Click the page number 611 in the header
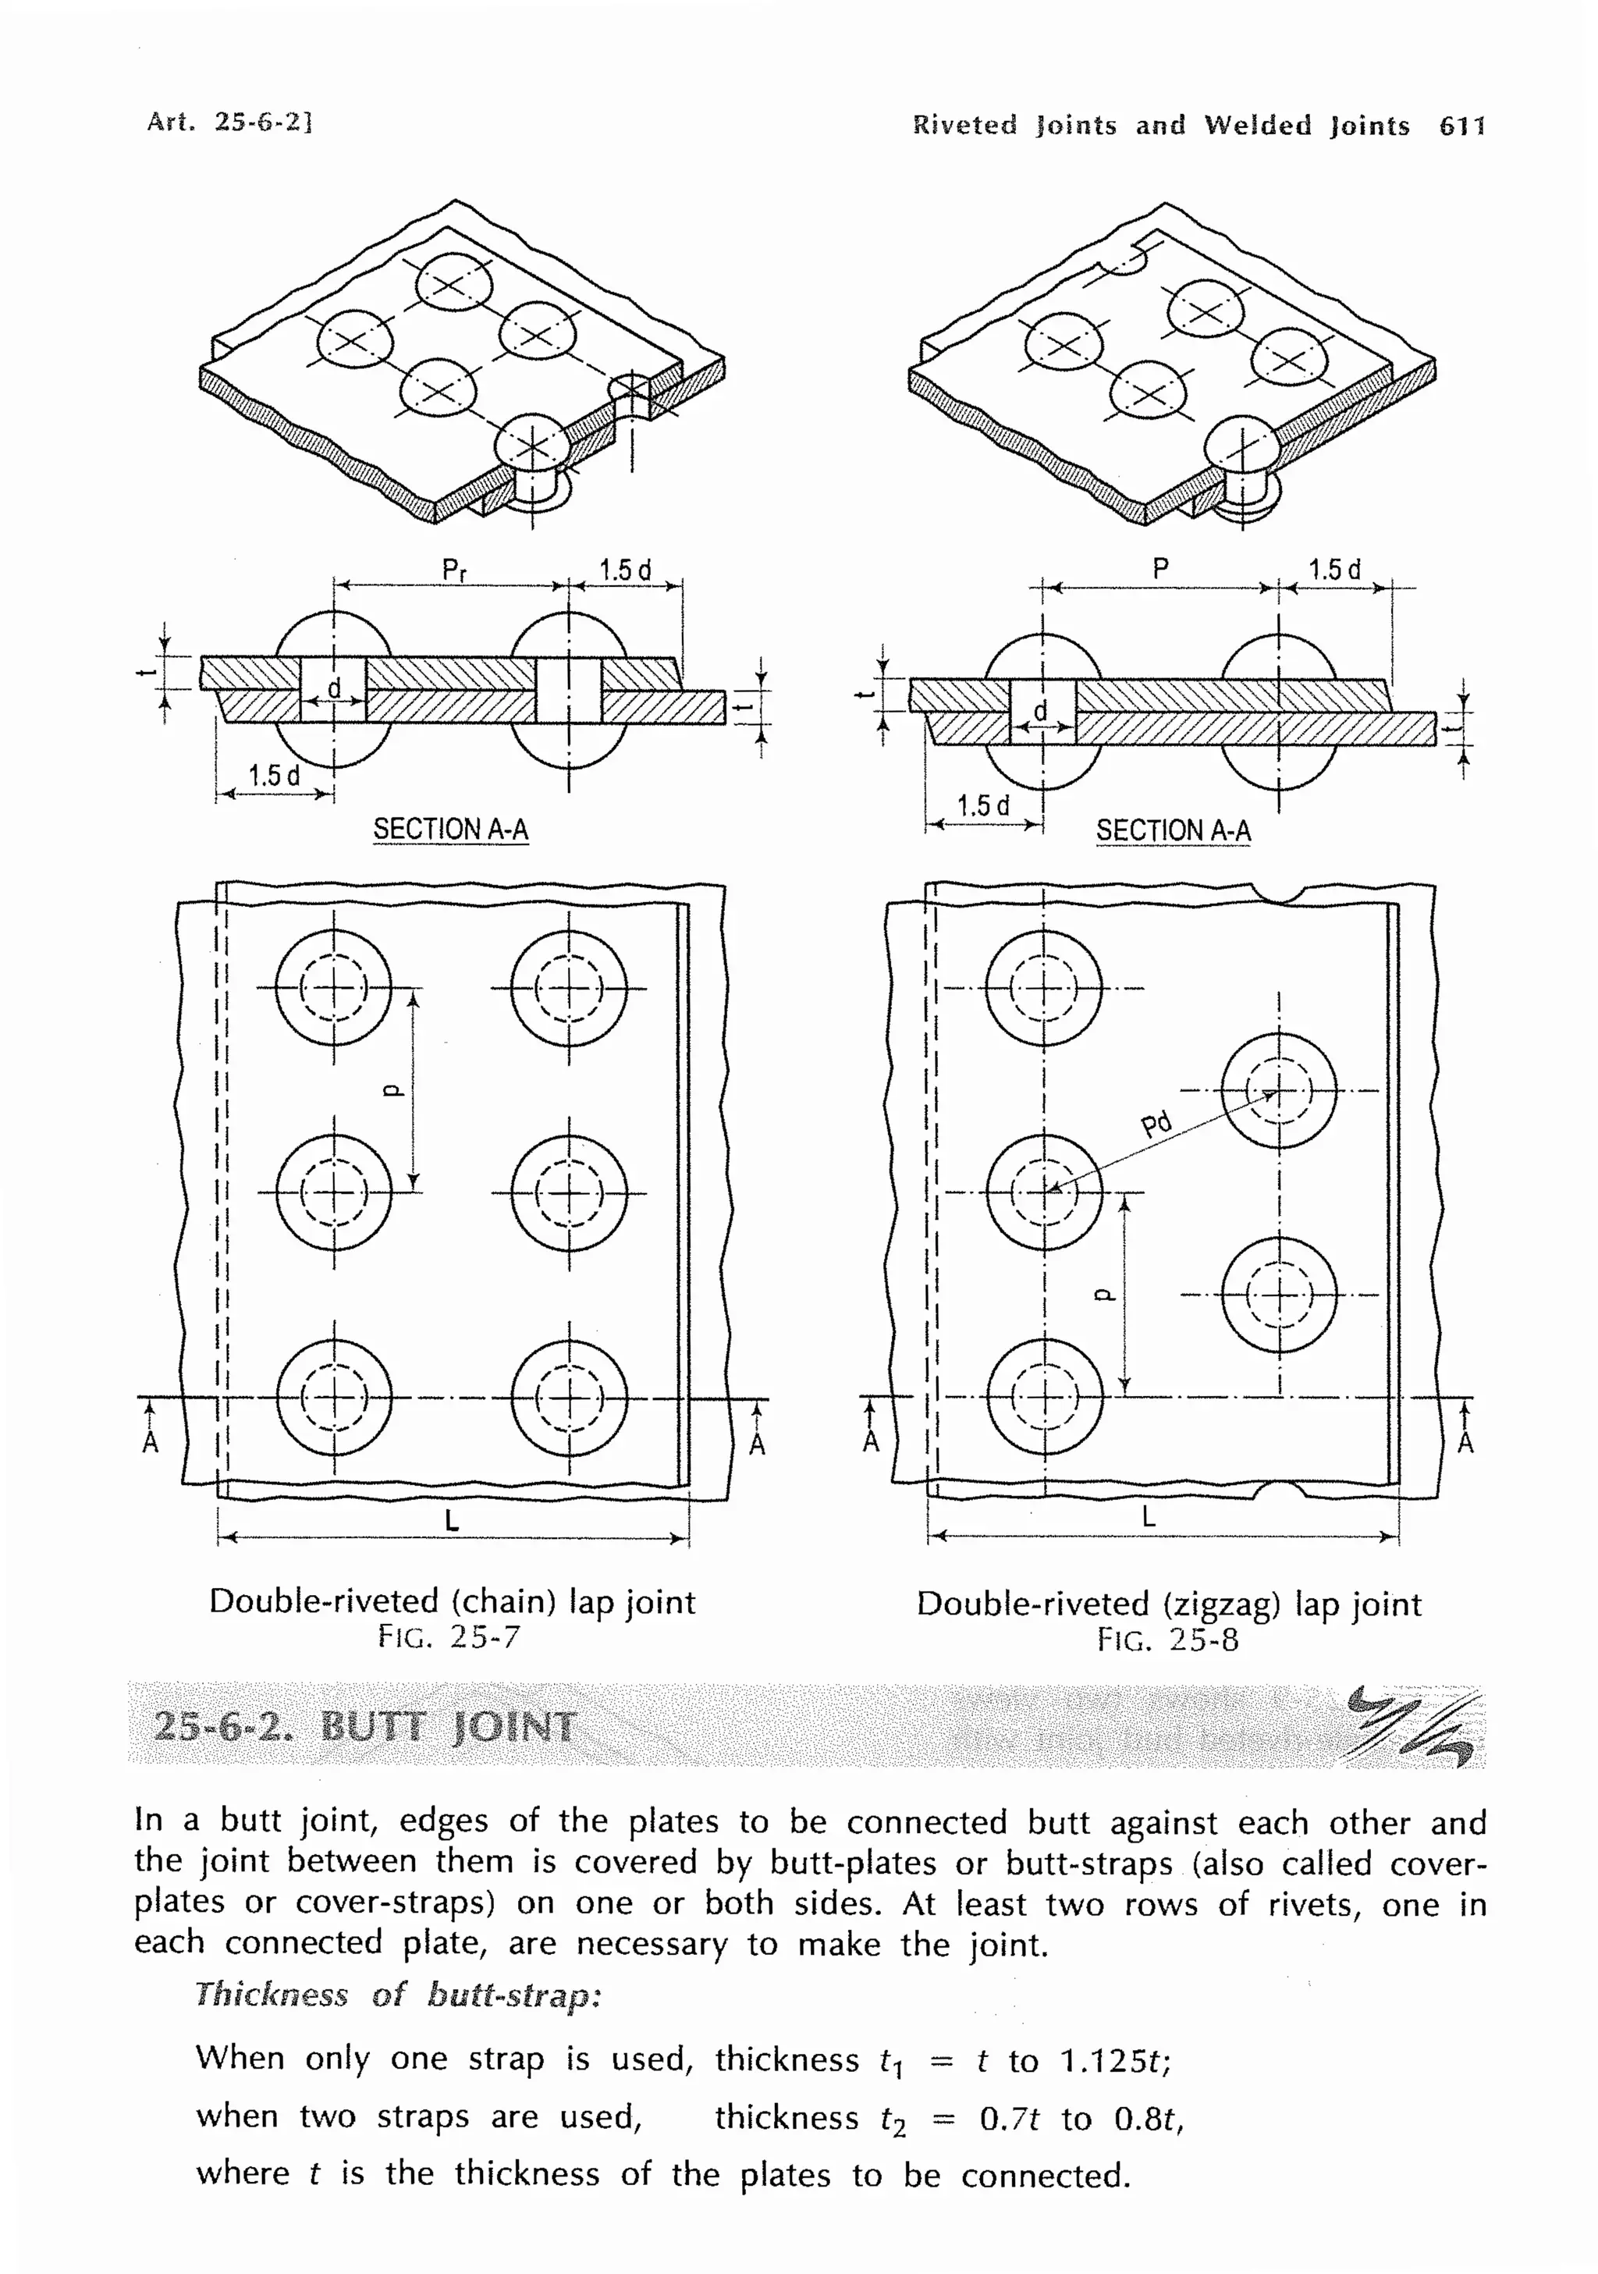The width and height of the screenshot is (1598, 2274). tap(1461, 126)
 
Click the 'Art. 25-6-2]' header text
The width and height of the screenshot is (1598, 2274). tap(229, 122)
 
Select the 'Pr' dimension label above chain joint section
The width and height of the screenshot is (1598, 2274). tap(453, 570)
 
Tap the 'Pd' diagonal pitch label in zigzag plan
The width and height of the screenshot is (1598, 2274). tap(1156, 1125)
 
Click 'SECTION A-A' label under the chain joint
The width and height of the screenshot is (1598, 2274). tap(450, 829)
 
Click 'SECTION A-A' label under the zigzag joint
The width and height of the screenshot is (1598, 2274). tap(1174, 830)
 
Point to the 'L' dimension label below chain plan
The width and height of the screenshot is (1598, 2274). tap(452, 1520)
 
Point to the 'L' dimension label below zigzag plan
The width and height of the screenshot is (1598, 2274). tap(1149, 1516)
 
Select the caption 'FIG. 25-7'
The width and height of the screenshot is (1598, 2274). tap(449, 1636)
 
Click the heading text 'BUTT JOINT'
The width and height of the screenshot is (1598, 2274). tap(448, 1727)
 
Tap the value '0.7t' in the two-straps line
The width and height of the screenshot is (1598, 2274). tap(1009, 2119)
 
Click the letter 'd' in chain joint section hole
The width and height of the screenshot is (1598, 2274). tap(334, 688)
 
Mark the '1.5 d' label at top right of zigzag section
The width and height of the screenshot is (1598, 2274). tap(1334, 570)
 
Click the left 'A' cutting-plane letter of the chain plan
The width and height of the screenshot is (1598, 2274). tap(150, 1442)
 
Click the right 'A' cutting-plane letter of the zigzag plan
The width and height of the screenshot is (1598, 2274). tap(1465, 1442)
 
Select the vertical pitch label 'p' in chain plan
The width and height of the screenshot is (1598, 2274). tap(392, 1090)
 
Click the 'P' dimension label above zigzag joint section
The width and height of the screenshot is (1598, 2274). tap(1160, 568)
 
